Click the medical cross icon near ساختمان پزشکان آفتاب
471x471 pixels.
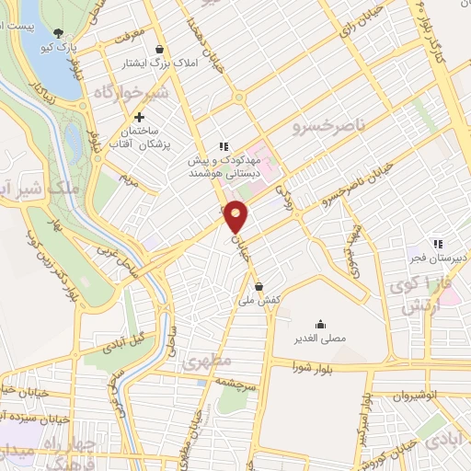(139, 117)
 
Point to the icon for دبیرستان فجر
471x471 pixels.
(439, 244)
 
